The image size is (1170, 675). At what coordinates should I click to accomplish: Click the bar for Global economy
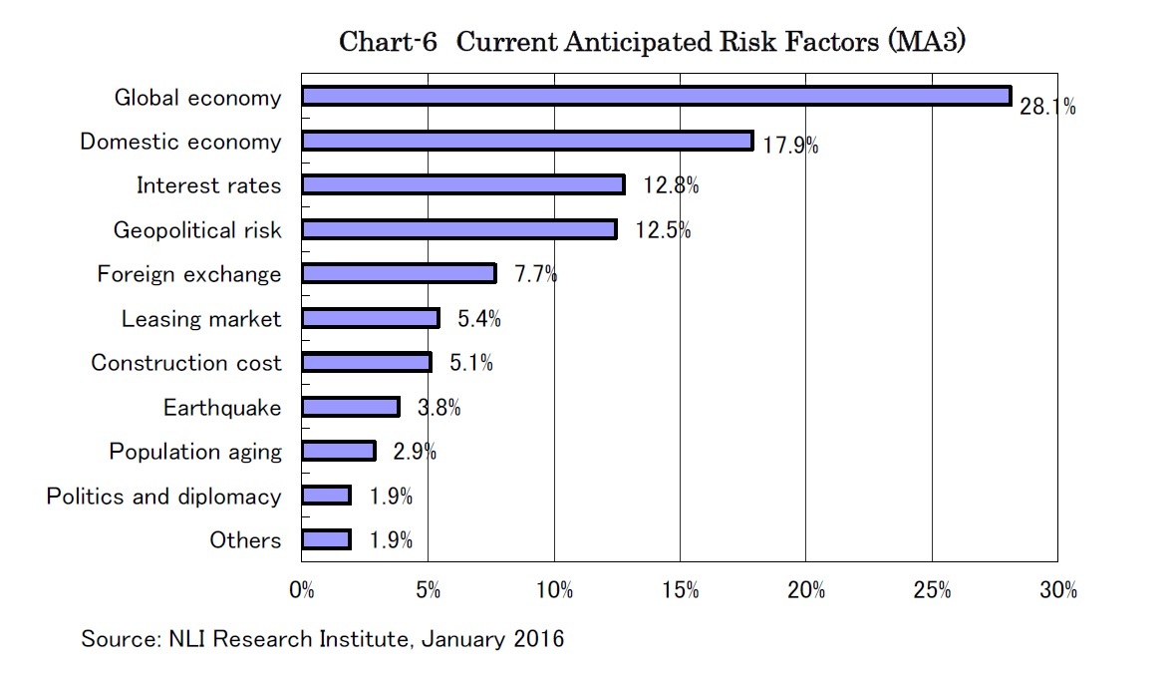656,97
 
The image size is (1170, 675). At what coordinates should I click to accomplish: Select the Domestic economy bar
526,141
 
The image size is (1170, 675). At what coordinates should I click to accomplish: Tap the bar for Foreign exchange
398,273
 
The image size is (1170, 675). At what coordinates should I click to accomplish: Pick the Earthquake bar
350,407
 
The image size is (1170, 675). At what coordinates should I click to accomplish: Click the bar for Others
326,539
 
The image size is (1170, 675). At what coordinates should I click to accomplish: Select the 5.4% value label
478,319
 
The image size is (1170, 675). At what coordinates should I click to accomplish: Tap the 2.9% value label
415,452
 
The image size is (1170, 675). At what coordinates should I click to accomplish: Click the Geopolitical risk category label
197,230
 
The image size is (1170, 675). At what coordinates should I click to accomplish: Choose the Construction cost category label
186,363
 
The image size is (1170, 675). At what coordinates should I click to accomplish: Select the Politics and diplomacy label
163,497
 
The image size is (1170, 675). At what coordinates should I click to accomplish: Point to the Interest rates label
208,185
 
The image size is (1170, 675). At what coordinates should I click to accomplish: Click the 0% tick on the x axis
301,590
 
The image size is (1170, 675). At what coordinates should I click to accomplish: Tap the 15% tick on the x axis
680,590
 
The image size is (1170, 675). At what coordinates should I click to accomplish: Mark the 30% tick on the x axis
1057,590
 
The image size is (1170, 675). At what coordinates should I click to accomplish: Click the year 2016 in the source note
538,639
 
